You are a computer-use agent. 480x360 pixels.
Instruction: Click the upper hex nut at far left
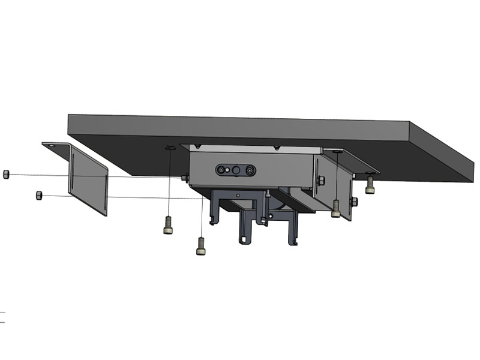[6, 174]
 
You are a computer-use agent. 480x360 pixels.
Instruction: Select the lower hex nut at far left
[39, 195]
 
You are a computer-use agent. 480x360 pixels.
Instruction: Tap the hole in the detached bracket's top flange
[52, 145]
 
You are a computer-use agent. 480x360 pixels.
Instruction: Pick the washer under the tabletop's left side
[170, 148]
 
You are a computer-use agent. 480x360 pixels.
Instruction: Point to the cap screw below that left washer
[168, 225]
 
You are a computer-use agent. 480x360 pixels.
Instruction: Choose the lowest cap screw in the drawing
[201, 245]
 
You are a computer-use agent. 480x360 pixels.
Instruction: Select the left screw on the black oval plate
[223, 170]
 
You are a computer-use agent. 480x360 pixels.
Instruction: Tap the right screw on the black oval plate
[249, 171]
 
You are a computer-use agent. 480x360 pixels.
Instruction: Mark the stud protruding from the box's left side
[185, 178]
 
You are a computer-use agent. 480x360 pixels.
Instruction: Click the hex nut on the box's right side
[322, 180]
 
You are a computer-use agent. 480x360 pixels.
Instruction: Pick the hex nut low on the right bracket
[355, 201]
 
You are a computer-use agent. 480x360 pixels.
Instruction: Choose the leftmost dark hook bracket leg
[213, 213]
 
